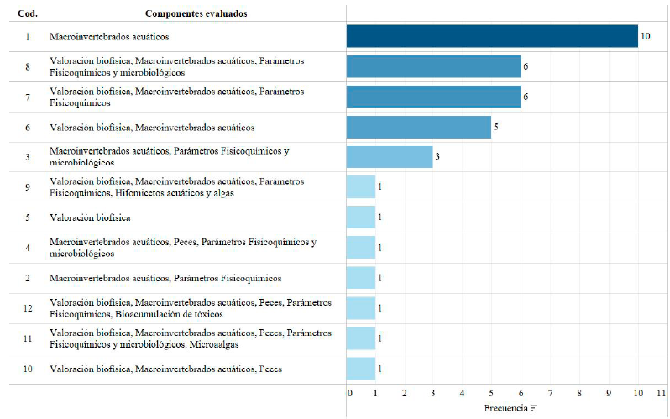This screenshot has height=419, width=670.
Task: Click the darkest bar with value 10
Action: tap(492, 36)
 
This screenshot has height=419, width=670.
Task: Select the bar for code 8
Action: tap(433, 66)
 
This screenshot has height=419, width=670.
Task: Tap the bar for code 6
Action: tap(419, 127)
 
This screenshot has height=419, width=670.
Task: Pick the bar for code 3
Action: tap(390, 157)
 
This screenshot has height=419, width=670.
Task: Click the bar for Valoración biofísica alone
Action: tap(361, 217)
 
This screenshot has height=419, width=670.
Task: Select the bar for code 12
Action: tap(361, 308)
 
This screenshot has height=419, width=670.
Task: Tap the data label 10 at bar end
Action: tap(646, 37)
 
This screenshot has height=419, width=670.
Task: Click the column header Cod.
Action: tap(27, 13)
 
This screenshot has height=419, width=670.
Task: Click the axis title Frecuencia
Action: tap(506, 408)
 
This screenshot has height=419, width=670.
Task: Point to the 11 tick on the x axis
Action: tap(662, 393)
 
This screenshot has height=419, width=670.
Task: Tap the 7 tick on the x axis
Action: tap(551, 393)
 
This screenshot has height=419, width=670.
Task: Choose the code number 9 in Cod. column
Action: tap(27, 187)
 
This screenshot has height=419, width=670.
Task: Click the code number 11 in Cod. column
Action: tap(27, 338)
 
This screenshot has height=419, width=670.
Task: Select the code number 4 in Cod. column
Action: tap(27, 248)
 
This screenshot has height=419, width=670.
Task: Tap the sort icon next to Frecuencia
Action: tap(534, 409)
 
